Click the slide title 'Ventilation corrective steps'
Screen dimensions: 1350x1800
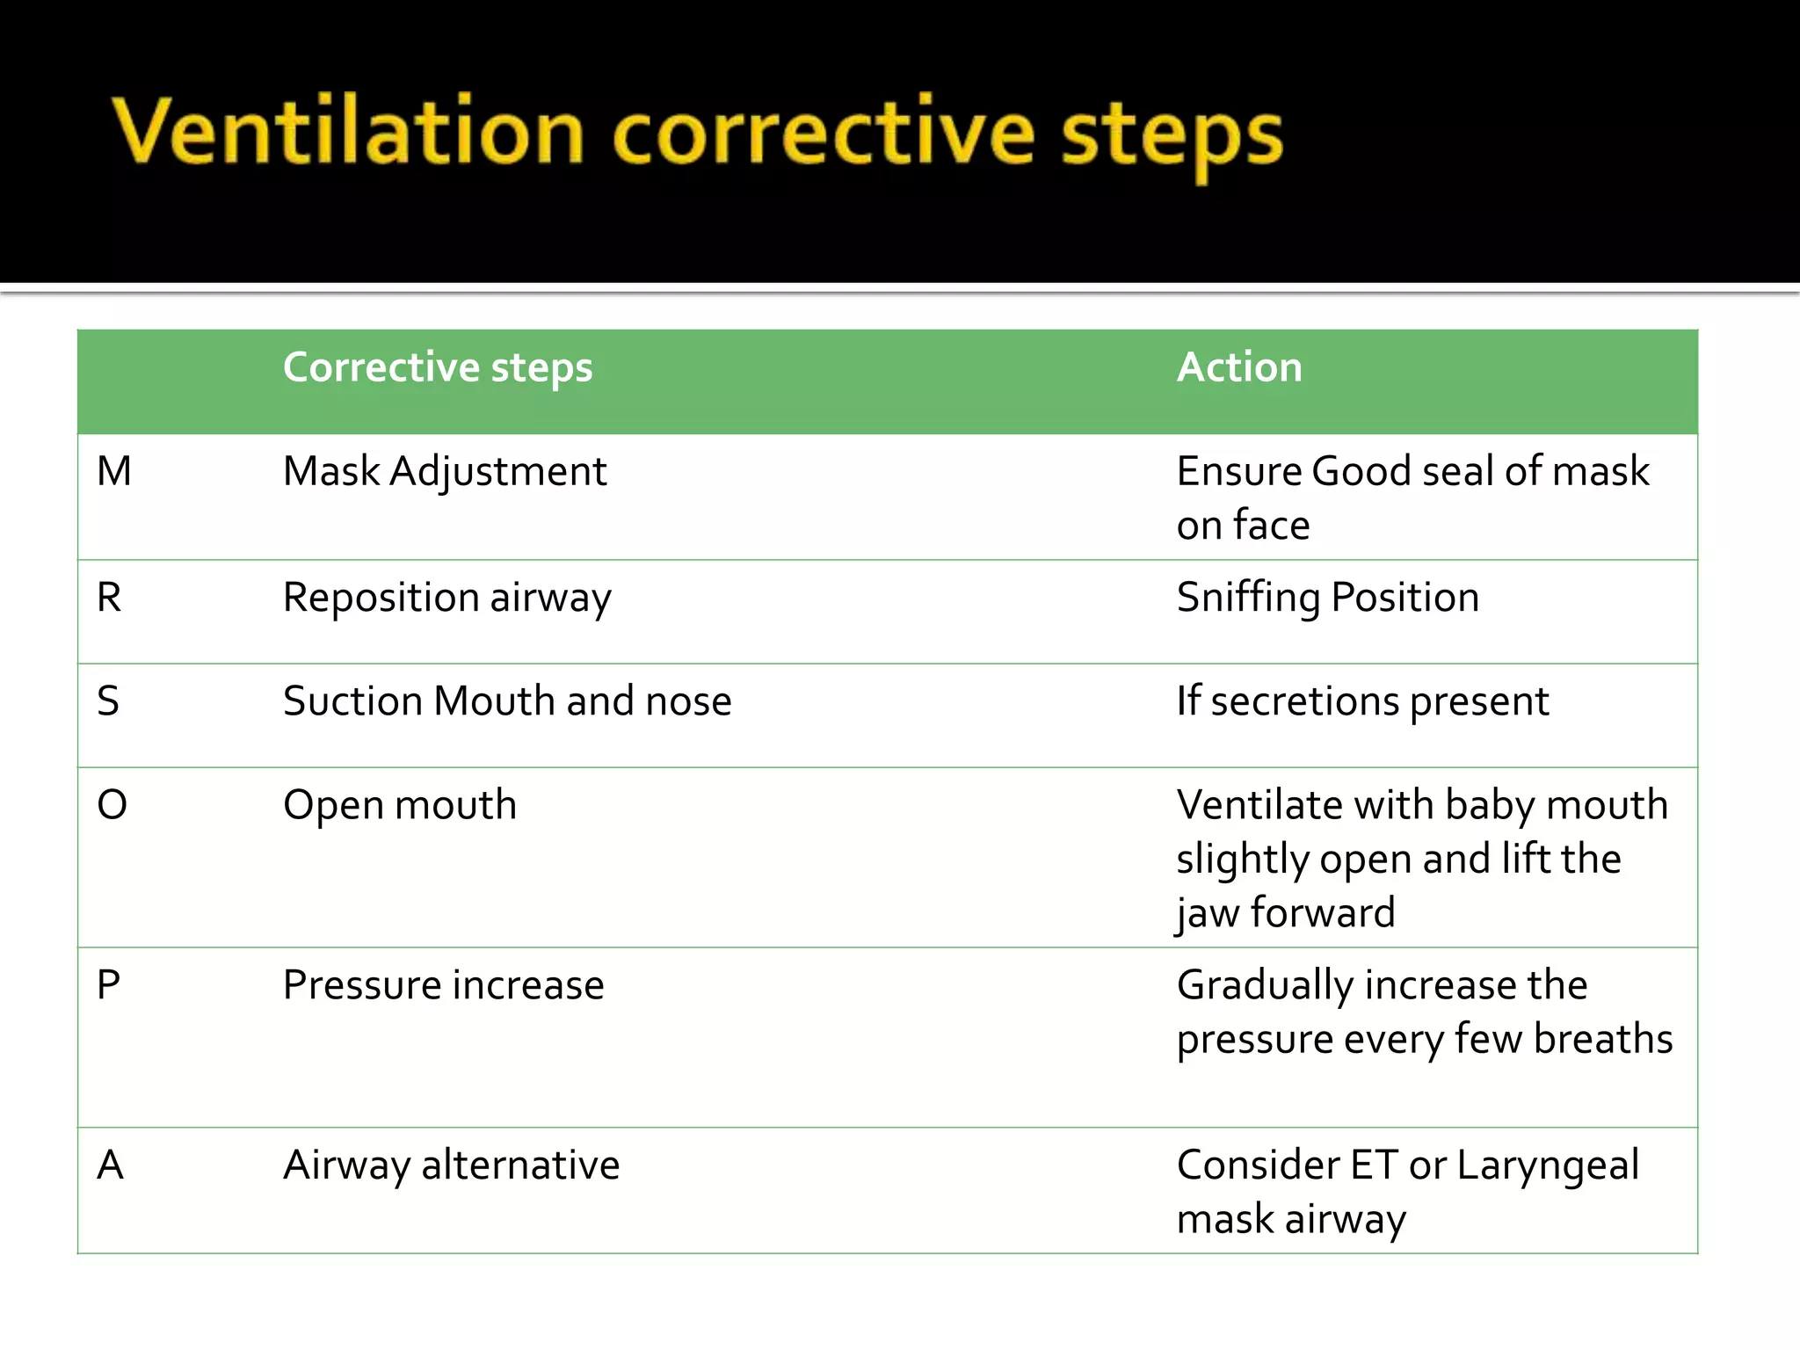(697, 134)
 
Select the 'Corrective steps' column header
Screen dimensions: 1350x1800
(438, 367)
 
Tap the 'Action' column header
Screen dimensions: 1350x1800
(1239, 367)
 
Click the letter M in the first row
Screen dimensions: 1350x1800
(114, 472)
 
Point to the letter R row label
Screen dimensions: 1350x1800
(109, 599)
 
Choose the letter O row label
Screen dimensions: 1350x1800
(112, 805)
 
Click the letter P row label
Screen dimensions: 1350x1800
(108, 985)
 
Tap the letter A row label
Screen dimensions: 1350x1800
(110, 1165)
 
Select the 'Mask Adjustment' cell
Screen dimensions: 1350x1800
(445, 472)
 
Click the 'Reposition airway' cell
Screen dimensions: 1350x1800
(446, 599)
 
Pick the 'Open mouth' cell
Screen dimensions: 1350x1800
(400, 805)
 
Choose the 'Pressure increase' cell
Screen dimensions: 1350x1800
(444, 985)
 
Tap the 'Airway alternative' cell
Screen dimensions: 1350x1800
(451, 1165)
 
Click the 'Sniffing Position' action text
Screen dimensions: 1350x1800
(1328, 599)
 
